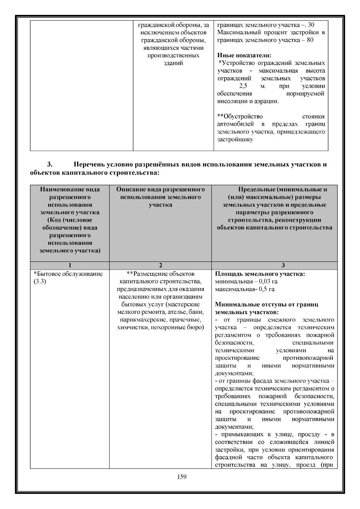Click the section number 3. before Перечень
coord(50,165)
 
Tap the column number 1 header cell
coord(70,265)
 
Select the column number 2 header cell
coord(160,265)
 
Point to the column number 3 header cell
coord(283,265)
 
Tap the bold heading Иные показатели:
coord(244,55)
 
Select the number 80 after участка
coord(310,40)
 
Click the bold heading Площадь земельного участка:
coord(260,274)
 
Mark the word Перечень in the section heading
coord(89,165)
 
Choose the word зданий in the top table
coord(173,63)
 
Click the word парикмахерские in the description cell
coord(139,320)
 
